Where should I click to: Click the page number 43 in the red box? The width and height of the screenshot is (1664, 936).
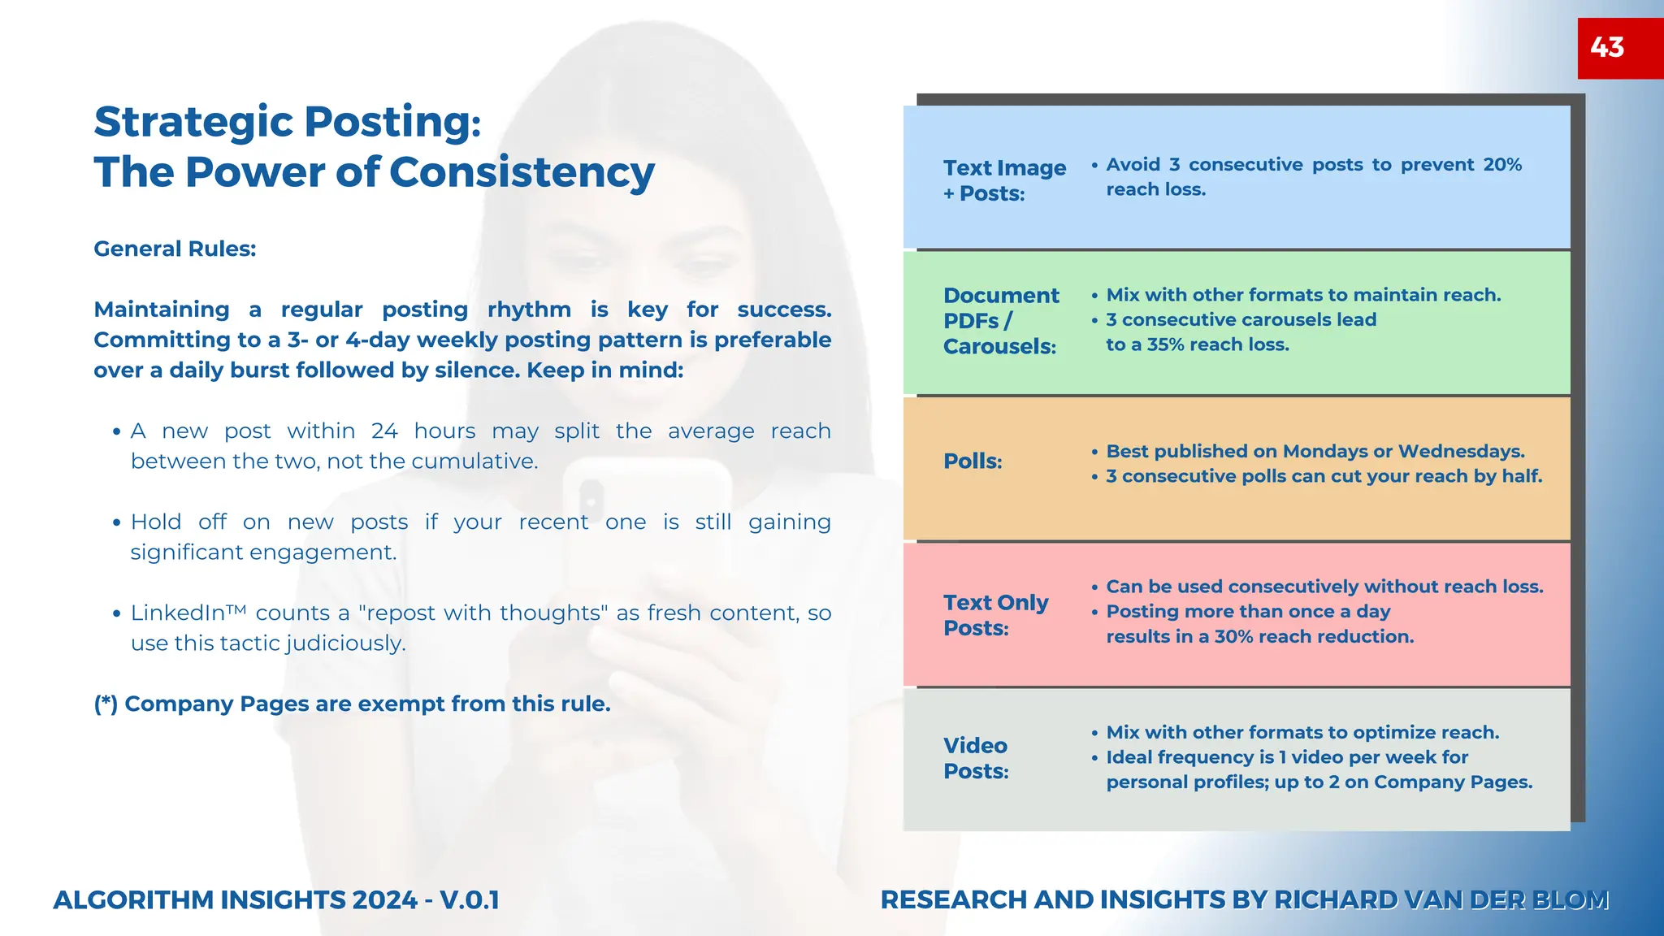tap(1607, 47)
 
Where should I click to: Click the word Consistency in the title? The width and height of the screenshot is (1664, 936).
tap(522, 172)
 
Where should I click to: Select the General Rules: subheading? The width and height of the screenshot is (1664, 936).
tap(175, 249)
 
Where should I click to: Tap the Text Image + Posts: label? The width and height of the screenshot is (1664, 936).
tap(1004, 180)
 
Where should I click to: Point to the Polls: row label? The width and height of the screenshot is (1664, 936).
tap(973, 461)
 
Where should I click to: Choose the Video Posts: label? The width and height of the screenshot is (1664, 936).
tap(976, 758)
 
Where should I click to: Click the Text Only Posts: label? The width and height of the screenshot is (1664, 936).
tap(995, 615)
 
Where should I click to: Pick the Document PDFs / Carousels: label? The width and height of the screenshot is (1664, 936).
tap(1001, 321)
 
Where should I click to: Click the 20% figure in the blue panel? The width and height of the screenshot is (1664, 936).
tap(1502, 165)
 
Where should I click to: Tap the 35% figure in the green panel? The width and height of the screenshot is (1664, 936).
tap(1165, 344)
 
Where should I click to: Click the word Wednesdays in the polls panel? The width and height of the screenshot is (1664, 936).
tap(1461, 451)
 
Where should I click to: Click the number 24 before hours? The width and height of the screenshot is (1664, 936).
tap(384, 431)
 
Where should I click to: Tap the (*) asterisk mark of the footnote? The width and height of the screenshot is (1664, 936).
tap(106, 704)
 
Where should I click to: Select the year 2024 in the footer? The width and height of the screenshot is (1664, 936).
tap(384, 900)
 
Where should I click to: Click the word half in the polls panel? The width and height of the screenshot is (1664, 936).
tap(1521, 476)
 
